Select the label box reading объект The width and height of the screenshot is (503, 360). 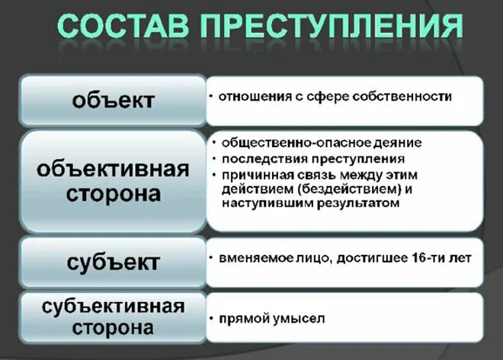coord(114,100)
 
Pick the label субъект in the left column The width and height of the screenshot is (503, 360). coord(114,262)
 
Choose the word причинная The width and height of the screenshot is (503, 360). coord(255,175)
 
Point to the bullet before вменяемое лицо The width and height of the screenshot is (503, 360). coord(211,259)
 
